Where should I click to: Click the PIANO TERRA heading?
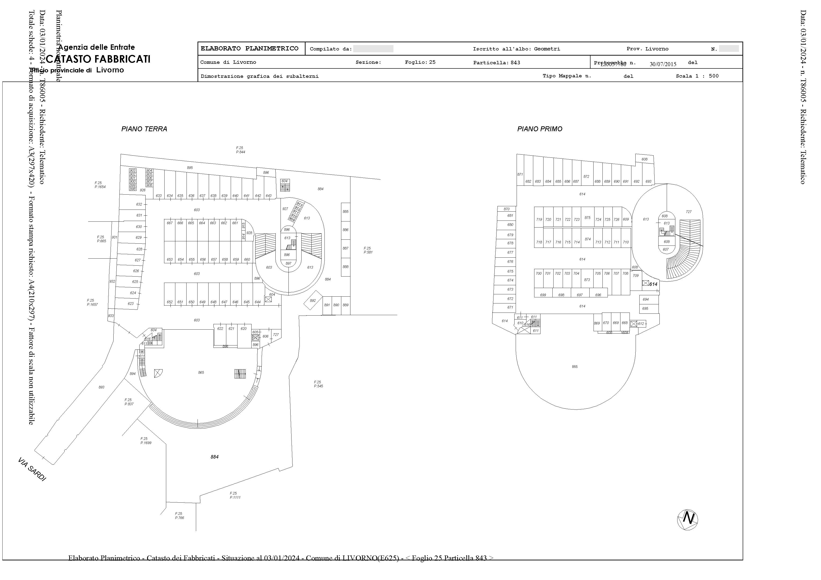click(144, 129)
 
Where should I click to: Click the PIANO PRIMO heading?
click(540, 129)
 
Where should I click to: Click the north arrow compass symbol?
click(688, 520)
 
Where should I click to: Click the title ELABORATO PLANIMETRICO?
click(250, 49)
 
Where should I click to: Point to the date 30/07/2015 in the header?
click(663, 64)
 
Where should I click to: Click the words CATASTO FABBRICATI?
click(98, 59)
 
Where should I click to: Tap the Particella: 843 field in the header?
click(497, 63)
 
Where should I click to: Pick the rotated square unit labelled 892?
click(313, 301)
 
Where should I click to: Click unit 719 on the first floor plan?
click(539, 219)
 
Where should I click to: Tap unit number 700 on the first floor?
click(539, 273)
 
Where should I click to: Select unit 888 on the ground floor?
click(346, 267)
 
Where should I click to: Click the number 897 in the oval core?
click(288, 263)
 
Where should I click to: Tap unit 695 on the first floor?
click(645, 308)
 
